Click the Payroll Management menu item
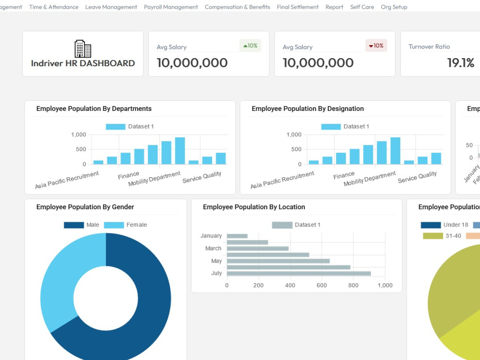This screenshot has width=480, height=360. [x=171, y=7]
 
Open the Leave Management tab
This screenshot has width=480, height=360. [x=111, y=7]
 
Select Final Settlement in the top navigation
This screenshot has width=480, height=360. [x=298, y=7]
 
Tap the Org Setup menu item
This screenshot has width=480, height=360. [x=394, y=7]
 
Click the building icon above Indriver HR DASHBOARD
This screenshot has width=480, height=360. [x=83, y=48]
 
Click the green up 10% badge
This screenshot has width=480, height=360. [x=251, y=46]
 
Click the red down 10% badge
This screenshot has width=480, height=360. [x=376, y=46]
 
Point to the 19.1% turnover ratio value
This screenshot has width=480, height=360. [x=460, y=63]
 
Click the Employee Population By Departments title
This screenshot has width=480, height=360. [x=94, y=108]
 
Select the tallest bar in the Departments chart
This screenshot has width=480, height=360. [x=180, y=151]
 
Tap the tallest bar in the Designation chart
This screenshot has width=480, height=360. [x=396, y=151]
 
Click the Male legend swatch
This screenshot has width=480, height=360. [x=74, y=225]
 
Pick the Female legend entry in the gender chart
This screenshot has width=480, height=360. [x=125, y=225]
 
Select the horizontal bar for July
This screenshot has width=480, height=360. [x=299, y=274]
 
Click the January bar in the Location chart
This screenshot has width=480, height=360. [x=237, y=236]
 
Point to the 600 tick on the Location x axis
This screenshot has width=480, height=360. [x=322, y=285]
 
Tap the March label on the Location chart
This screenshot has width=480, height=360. [x=213, y=248]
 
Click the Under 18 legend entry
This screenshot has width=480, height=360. [x=444, y=225]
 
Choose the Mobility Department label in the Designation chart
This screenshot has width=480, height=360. [x=370, y=179]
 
